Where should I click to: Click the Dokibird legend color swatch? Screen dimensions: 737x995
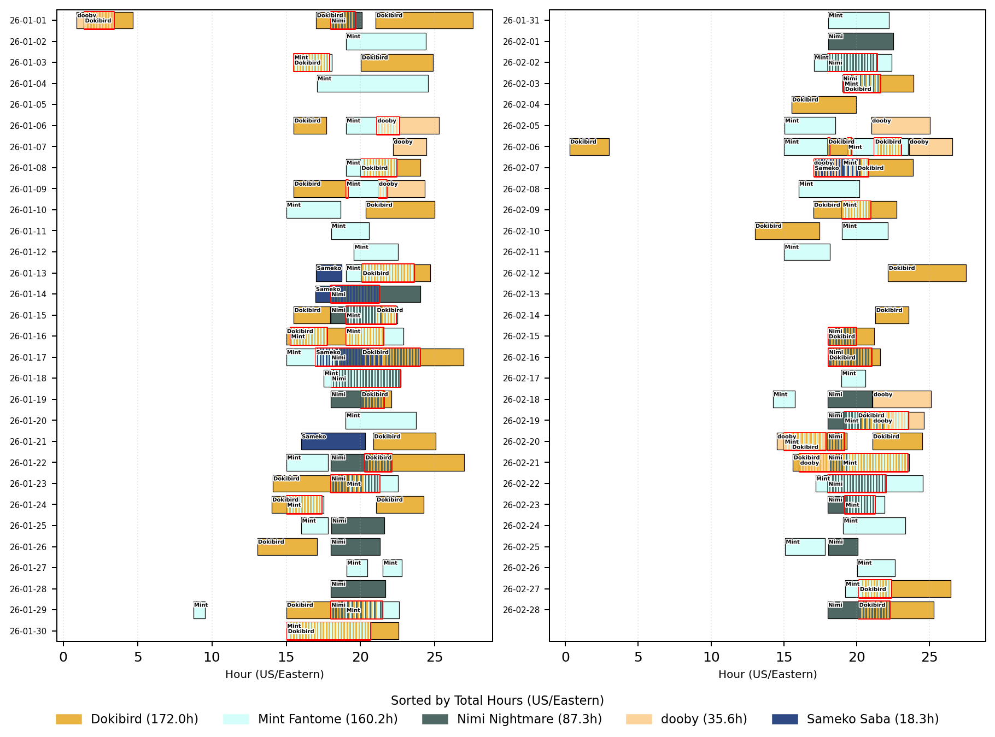click(x=69, y=719)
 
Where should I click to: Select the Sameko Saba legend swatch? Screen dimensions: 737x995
click(x=785, y=719)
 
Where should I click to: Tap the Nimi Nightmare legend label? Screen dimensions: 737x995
click(x=529, y=719)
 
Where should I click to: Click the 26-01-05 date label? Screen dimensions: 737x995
click(x=28, y=105)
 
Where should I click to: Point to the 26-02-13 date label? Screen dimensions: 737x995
click(x=521, y=294)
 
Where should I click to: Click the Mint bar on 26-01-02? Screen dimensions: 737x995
click(x=386, y=42)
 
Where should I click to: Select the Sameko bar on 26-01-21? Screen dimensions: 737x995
click(x=333, y=441)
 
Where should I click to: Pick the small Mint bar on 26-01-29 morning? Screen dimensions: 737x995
click(x=200, y=610)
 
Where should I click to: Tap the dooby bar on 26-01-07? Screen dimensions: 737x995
click(x=409, y=147)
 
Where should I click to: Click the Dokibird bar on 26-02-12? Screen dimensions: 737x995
click(x=927, y=273)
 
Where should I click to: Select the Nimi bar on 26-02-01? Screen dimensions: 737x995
click(x=861, y=42)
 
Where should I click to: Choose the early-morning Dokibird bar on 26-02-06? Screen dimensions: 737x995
click(x=589, y=147)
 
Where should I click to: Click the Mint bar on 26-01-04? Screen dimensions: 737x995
click(x=372, y=84)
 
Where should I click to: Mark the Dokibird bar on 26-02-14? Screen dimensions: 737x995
click(x=892, y=315)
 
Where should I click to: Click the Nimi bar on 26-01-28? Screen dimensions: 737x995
click(x=358, y=589)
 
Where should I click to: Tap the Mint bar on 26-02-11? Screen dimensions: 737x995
click(x=807, y=252)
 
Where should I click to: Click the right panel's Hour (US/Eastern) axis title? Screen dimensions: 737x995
click(x=768, y=675)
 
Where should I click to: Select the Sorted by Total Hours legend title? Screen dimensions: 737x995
click(x=497, y=701)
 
